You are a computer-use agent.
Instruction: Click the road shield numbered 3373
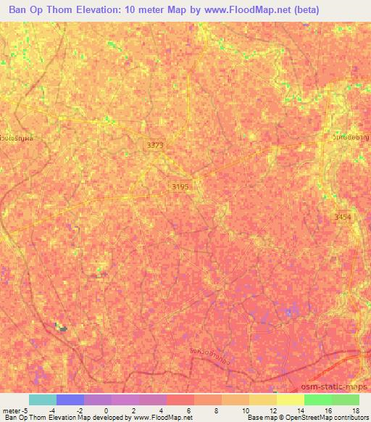[155, 146]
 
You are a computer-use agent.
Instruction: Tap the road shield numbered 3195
[180, 186]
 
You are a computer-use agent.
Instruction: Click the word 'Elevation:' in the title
[100, 9]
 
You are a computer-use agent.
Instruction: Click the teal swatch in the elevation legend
[43, 400]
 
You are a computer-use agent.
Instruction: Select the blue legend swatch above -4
[70, 400]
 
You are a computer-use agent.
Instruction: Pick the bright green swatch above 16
[318, 400]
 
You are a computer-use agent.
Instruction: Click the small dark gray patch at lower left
[63, 329]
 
